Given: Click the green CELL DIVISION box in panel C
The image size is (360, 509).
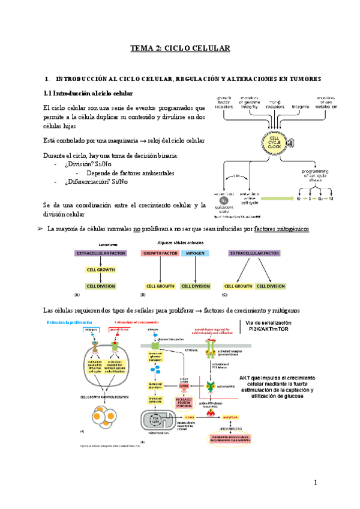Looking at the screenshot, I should (270, 286).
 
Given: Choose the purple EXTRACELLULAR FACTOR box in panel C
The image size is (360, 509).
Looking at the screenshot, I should (254, 254).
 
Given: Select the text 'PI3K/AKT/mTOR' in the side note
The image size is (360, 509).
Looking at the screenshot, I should (277, 330).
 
